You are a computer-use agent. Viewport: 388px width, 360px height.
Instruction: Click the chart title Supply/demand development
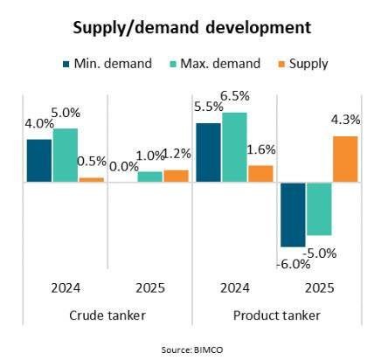point(193,27)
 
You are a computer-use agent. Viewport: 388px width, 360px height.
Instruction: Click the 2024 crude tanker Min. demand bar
point(38,161)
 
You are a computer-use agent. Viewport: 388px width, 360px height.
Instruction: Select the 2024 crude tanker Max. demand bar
point(65,156)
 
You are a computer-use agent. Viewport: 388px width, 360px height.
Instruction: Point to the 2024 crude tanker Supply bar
point(91,179)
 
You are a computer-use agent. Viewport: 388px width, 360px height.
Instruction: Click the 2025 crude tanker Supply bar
point(176,176)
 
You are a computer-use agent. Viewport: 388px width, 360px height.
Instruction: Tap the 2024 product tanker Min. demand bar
point(208,153)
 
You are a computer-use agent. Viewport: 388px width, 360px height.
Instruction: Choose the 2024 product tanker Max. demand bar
point(234,148)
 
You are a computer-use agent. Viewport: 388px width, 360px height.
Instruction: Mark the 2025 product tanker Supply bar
point(345,159)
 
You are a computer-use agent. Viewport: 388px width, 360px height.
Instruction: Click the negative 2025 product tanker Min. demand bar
point(293,214)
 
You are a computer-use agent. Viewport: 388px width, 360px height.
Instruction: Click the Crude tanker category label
point(107,315)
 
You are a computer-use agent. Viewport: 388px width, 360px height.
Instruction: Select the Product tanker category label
point(278,315)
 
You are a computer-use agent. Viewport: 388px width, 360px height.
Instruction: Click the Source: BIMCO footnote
point(193,348)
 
